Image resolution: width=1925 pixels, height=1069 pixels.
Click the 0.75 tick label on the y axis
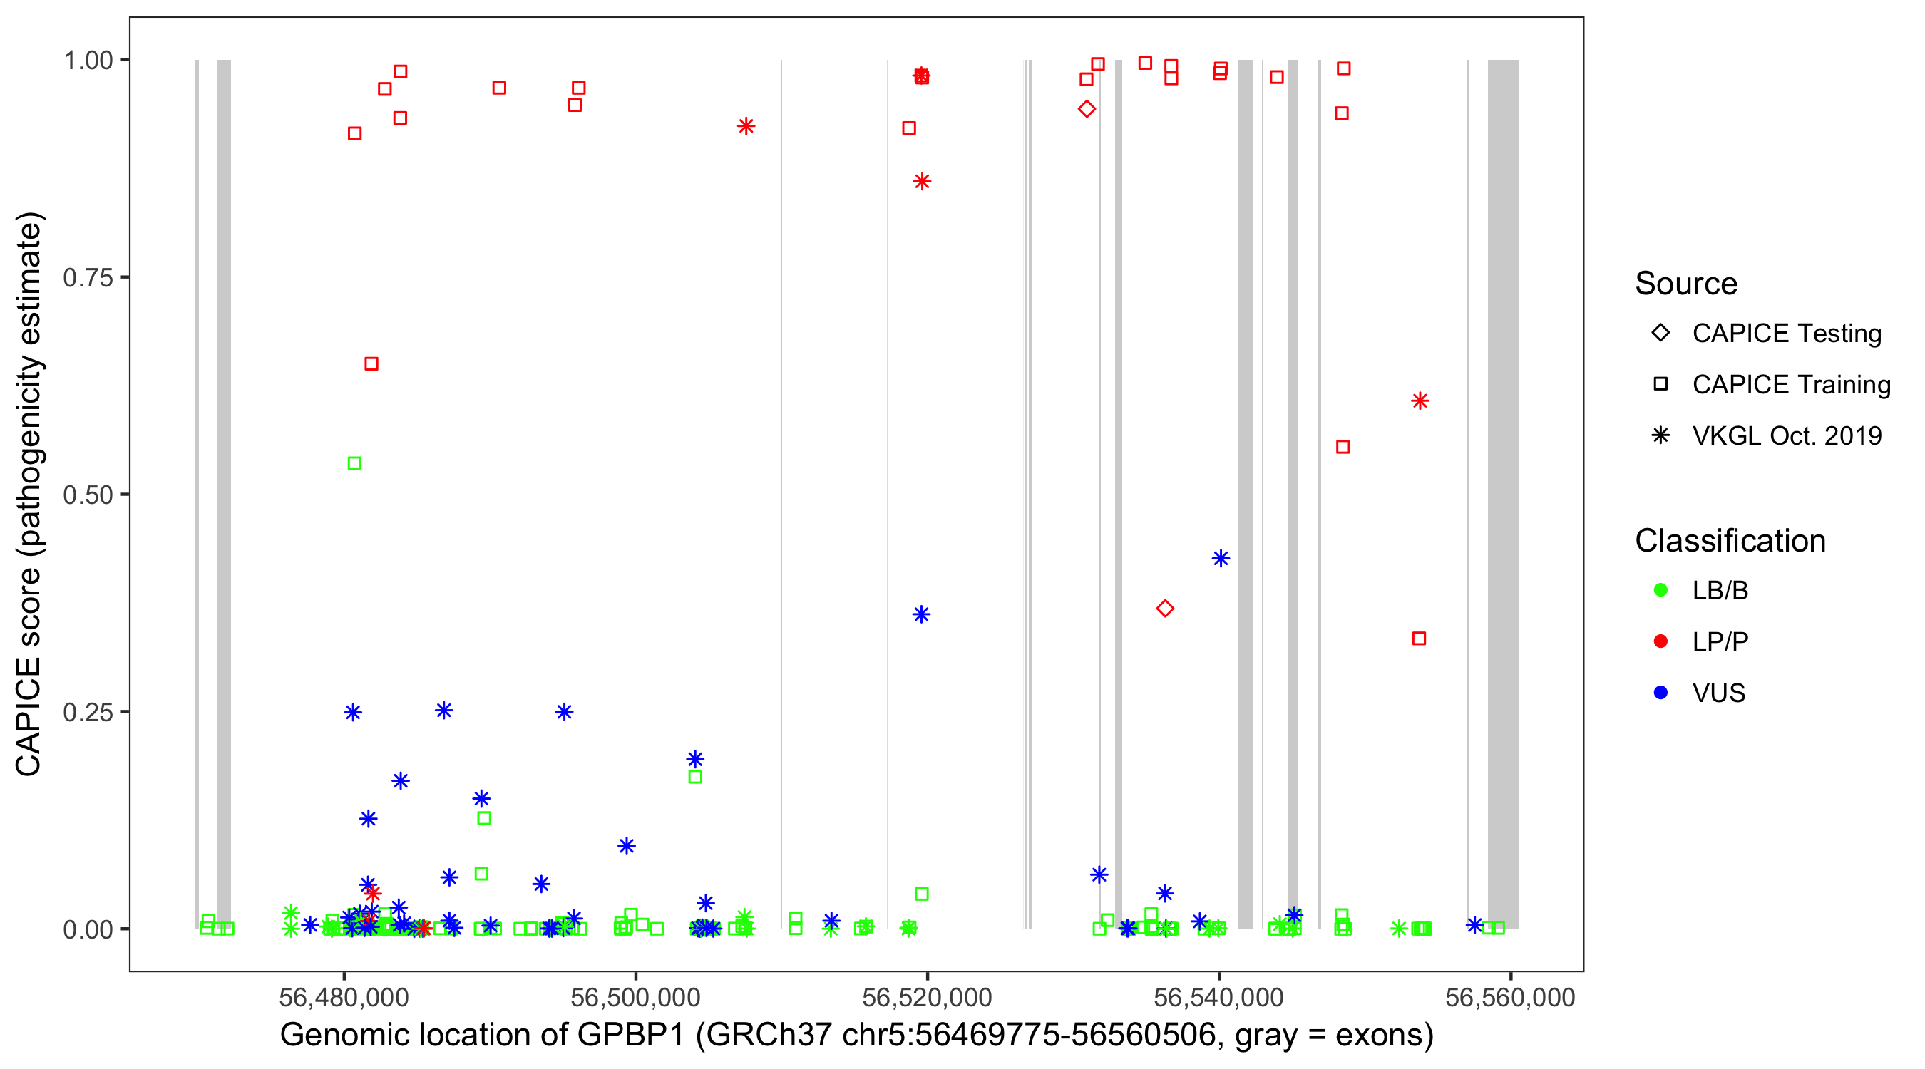coord(88,278)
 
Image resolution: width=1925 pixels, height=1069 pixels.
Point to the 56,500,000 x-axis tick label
coord(635,997)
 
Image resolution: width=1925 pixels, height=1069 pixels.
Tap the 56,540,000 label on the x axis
coord(1219,997)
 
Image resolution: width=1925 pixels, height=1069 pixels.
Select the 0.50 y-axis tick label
coord(88,495)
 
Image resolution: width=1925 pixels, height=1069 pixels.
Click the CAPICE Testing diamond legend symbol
coord(1660,334)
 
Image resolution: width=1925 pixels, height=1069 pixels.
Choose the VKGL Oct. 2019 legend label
coord(1787,435)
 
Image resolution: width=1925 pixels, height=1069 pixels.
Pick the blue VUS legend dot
coord(1660,693)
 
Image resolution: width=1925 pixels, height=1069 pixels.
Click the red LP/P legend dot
coord(1660,641)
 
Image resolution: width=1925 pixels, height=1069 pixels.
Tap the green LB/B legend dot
coord(1660,590)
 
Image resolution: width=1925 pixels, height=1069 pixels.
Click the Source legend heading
coord(1686,284)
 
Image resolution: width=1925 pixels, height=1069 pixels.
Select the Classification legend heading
coord(1730,541)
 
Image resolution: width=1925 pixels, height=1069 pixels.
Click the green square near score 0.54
coord(355,464)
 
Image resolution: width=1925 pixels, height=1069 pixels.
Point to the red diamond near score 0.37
coord(1165,609)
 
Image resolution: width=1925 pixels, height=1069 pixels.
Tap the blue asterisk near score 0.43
coord(1221,559)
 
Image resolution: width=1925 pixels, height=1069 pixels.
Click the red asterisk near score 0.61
coord(1420,401)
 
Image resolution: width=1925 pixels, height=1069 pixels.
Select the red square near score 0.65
coord(371,363)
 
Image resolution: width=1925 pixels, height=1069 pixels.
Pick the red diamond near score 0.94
coord(1087,109)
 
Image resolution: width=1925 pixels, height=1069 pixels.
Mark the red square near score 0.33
coord(1419,639)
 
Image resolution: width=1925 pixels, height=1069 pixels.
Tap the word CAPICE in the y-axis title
coord(29,716)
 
